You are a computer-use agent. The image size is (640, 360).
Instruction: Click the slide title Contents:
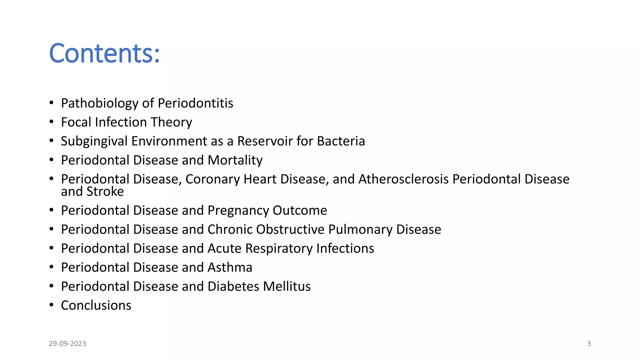coord(104,53)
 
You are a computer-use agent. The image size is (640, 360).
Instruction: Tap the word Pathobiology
coord(99,103)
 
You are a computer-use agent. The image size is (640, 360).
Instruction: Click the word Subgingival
coord(94,141)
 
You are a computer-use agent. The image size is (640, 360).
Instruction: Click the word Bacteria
coord(341,141)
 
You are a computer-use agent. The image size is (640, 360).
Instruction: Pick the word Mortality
coord(235,160)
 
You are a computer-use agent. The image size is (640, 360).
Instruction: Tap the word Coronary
coord(212,179)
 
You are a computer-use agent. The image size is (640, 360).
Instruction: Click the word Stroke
coord(105,192)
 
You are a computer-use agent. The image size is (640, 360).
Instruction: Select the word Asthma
coord(230,267)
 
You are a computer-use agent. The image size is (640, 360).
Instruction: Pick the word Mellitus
coord(287,287)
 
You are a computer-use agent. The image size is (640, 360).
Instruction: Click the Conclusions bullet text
coord(96,306)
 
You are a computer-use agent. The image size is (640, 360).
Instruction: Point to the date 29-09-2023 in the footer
coord(67,344)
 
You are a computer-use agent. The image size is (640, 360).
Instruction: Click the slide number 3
coord(589,344)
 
